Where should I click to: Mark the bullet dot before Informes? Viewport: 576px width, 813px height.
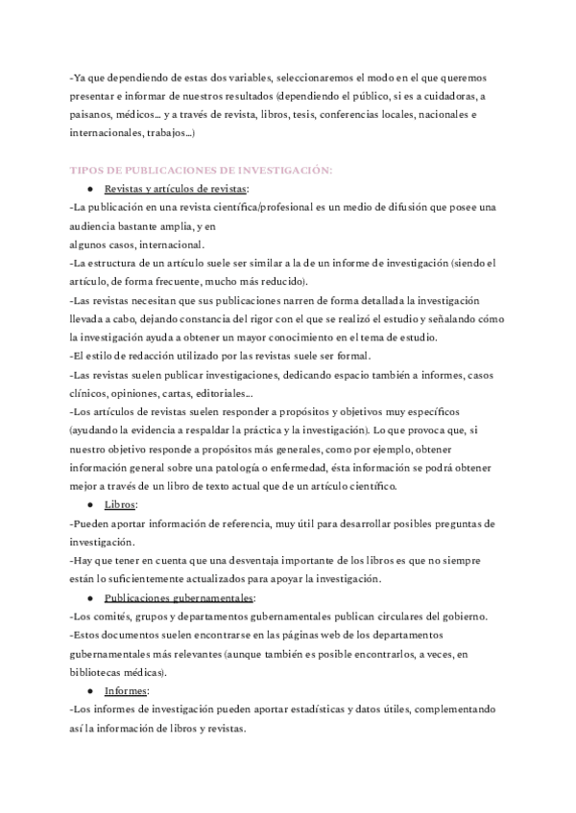tap(89, 689)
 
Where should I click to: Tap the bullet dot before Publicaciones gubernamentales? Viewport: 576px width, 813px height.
tap(89, 596)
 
